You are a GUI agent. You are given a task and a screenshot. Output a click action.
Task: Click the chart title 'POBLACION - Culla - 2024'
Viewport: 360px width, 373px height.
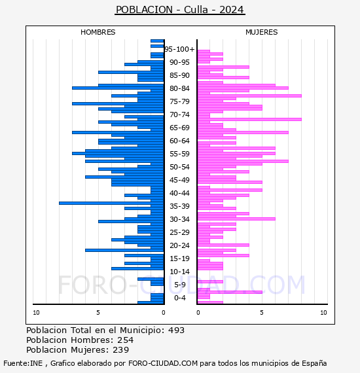(180, 10)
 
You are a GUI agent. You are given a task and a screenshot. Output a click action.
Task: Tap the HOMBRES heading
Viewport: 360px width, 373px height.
(98, 32)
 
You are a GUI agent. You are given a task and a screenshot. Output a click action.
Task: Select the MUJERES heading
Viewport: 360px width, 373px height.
(262, 32)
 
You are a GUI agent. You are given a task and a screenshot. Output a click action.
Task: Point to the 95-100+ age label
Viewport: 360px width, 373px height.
(179, 49)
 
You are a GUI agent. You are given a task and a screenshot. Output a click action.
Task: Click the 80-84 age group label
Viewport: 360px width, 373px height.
(179, 88)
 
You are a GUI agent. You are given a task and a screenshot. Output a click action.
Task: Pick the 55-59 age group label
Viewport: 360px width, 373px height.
(179, 154)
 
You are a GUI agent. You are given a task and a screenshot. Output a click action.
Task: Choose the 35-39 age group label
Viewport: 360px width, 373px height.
(179, 206)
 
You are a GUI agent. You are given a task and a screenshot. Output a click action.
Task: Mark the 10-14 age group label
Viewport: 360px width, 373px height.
(179, 272)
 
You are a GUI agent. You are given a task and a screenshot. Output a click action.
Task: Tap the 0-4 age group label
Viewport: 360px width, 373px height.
(179, 298)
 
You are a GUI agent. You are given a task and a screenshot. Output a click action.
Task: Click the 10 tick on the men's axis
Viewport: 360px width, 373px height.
(36, 313)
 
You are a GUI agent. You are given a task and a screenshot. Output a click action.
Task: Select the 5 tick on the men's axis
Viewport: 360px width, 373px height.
(98, 313)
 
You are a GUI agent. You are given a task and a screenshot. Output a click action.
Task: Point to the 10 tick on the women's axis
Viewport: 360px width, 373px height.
(323, 313)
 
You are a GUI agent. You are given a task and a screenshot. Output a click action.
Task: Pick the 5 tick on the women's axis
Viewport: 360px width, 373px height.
(262, 313)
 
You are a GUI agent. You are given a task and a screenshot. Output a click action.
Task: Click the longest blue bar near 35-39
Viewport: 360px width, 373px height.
(111, 203)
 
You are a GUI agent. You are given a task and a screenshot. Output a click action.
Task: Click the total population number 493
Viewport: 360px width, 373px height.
(176, 330)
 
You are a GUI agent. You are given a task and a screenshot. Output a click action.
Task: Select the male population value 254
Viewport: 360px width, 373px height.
(126, 340)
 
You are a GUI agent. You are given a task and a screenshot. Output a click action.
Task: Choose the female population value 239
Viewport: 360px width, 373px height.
(120, 349)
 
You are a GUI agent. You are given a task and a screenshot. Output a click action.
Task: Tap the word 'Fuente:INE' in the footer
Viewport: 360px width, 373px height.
(23, 363)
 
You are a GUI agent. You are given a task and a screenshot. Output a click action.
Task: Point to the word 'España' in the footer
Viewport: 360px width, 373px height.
(314, 364)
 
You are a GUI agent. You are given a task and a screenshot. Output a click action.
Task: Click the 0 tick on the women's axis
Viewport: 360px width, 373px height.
(198, 313)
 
